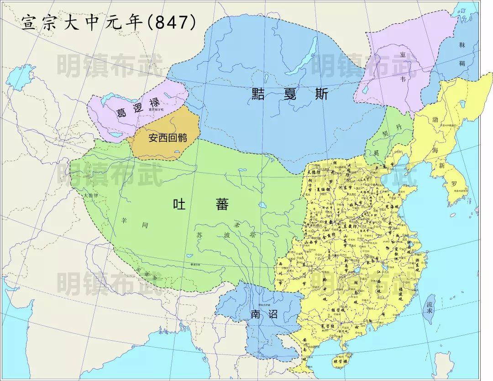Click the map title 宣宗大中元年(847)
point(109,22)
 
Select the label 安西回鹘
point(167,137)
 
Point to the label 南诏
point(264,314)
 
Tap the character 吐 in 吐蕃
point(178,204)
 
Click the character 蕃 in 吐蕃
point(222,204)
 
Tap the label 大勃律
point(91,196)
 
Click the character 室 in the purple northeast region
point(402,55)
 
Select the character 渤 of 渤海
point(435,119)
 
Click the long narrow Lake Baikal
point(308,55)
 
